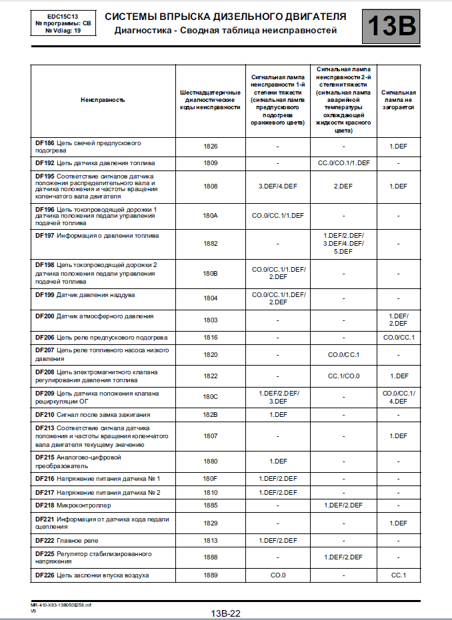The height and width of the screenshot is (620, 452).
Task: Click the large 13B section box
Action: (x=391, y=25)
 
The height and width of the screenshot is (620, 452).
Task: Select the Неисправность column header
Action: (x=103, y=99)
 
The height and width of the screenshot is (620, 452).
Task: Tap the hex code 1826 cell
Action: (x=211, y=146)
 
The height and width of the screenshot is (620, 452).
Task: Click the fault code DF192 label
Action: (x=45, y=162)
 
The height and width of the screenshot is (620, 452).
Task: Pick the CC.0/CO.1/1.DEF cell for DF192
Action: (x=343, y=162)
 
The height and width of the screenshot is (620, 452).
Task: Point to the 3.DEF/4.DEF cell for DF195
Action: (x=277, y=186)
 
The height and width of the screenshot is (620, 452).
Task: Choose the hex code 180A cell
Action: (x=211, y=216)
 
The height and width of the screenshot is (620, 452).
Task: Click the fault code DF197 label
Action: (x=45, y=235)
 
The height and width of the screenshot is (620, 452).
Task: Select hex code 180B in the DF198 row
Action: (x=211, y=273)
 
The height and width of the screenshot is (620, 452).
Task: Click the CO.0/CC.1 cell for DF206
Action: (x=399, y=338)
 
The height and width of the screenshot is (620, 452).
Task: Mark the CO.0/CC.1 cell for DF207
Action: (x=343, y=354)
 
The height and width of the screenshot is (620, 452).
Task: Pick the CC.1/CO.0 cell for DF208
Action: (x=343, y=376)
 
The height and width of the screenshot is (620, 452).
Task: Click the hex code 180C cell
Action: (x=211, y=397)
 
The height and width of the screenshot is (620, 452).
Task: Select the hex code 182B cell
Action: (x=211, y=415)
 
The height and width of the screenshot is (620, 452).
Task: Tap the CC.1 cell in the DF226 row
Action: (x=399, y=575)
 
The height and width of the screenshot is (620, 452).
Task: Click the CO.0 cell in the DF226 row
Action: (x=277, y=575)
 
